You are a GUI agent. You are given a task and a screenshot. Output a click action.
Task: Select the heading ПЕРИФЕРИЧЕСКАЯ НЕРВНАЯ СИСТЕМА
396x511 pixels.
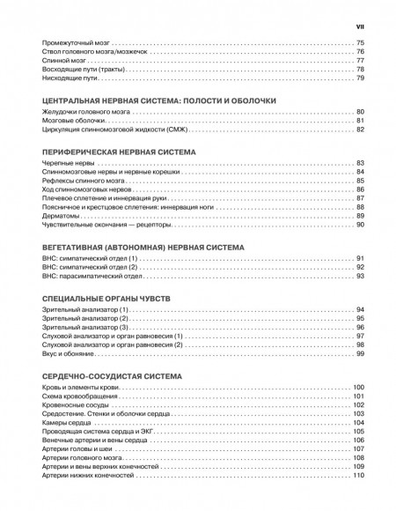point(111,152)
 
